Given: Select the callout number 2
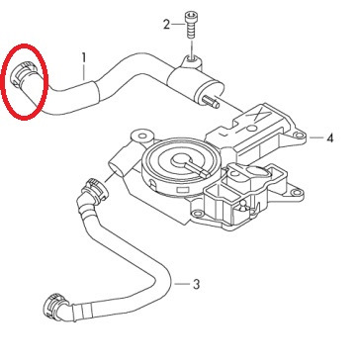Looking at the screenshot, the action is point(166,24).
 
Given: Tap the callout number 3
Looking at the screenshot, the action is point(196,284).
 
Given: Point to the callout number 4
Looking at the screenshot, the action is point(328,139).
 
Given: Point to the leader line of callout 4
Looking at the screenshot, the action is point(314,139).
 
